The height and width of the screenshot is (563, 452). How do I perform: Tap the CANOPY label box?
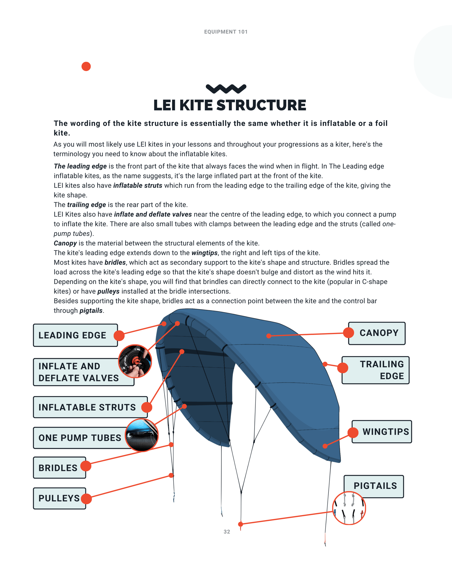coord(378,333)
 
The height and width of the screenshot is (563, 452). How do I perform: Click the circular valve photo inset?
coord(135,361)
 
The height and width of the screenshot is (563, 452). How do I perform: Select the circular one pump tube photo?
coord(142,435)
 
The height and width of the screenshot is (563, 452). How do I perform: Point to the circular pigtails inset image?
coord(349,508)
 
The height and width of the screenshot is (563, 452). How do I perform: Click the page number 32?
coord(227,532)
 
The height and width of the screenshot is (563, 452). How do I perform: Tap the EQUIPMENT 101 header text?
coord(226,32)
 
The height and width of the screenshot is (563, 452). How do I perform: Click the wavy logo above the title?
coord(226,89)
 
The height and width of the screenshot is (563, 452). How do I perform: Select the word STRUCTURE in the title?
coord(261,105)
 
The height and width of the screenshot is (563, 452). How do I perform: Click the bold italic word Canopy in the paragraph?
coord(65,243)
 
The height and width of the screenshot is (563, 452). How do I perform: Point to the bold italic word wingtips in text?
coord(204,253)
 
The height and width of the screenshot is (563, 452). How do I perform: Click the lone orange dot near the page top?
coord(86,66)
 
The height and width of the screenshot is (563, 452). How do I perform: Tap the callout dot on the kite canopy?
coord(269,336)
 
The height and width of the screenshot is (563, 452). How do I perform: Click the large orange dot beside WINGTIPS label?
coord(353,432)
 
